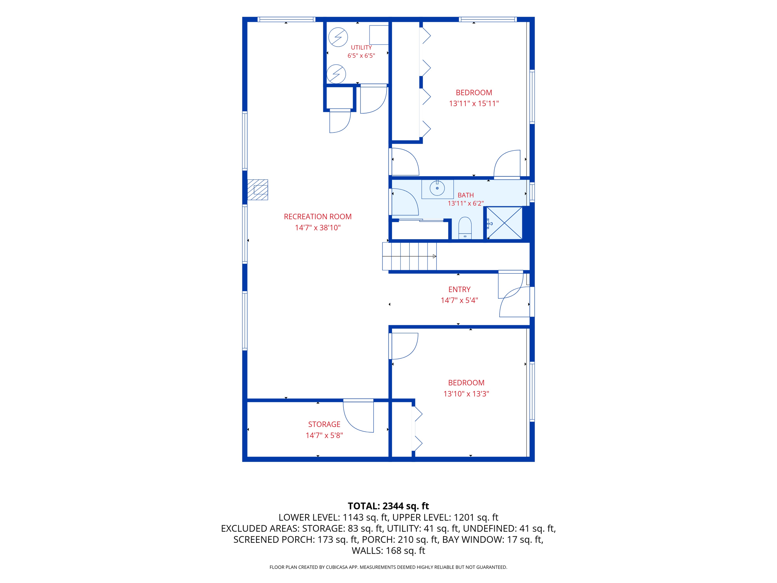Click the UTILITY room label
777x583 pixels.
coord(361,47)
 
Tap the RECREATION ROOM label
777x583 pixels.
coord(318,217)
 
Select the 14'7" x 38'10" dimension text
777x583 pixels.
coord(318,228)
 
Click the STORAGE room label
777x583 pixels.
coord(324,424)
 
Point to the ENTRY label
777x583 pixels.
coord(459,289)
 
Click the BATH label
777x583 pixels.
coord(466,195)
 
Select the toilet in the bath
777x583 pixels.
coord(465,228)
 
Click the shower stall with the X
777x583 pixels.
coord(505,223)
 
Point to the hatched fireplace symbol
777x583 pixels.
coord(258,190)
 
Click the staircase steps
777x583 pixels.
coord(409,257)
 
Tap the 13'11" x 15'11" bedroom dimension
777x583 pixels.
coord(473,104)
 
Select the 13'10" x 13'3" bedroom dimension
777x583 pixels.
coord(466,394)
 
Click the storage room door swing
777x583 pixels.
coord(358,416)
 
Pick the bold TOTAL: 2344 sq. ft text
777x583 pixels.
coord(388,506)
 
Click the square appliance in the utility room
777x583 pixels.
coord(379,35)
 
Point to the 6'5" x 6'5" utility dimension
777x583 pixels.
coord(361,56)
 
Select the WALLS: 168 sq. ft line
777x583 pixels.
coord(388,551)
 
